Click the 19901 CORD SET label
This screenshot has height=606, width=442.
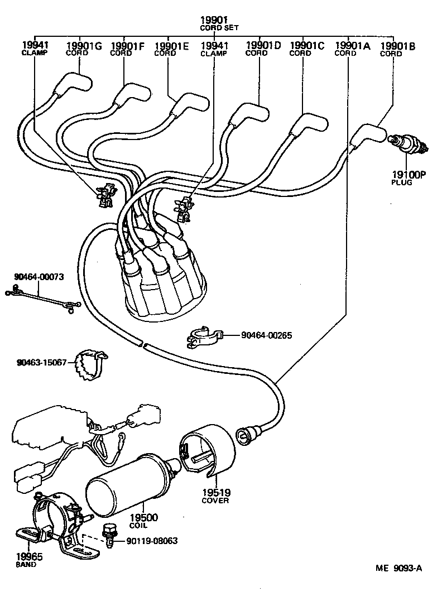click(x=215, y=23)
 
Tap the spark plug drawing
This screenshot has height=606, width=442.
click(x=409, y=144)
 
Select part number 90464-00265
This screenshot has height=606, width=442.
click(x=267, y=335)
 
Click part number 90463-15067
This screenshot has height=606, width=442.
click(x=41, y=363)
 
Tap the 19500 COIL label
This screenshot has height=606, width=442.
click(x=143, y=521)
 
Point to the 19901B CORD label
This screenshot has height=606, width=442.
click(x=397, y=49)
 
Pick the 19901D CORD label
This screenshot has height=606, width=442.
click(x=262, y=49)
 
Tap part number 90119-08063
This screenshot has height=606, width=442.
click(x=152, y=541)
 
